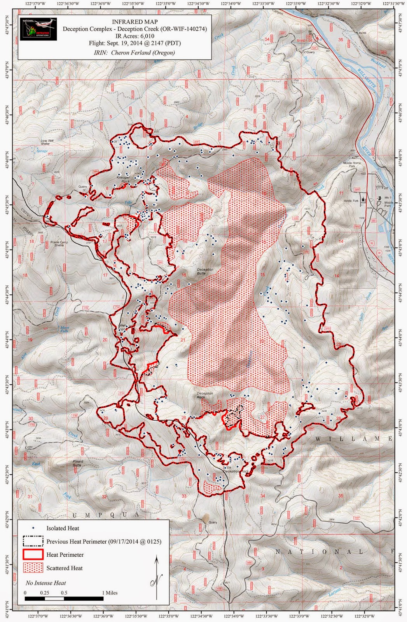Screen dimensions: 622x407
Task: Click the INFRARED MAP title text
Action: pyautogui.click(x=135, y=22)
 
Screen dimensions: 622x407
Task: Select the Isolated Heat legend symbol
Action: pyautogui.click(x=33, y=528)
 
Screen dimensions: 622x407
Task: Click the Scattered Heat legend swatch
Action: pyautogui.click(x=33, y=568)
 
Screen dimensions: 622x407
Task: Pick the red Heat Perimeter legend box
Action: pyautogui.click(x=33, y=555)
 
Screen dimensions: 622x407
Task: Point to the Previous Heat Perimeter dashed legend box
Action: pyautogui.click(x=33, y=542)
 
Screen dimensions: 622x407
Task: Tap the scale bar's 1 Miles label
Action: pyautogui.click(x=109, y=593)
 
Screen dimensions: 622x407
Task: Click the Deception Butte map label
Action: pyautogui.click(x=205, y=271)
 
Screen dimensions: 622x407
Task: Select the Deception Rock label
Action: pyautogui.click(x=204, y=395)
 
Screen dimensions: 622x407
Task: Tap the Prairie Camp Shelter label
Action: pyautogui.click(x=59, y=244)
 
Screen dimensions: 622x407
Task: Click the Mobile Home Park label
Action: pyautogui.click(x=352, y=164)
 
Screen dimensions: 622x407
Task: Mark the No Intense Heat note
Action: pyautogui.click(x=45, y=583)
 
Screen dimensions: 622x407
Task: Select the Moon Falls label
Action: pyautogui.click(x=64, y=329)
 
